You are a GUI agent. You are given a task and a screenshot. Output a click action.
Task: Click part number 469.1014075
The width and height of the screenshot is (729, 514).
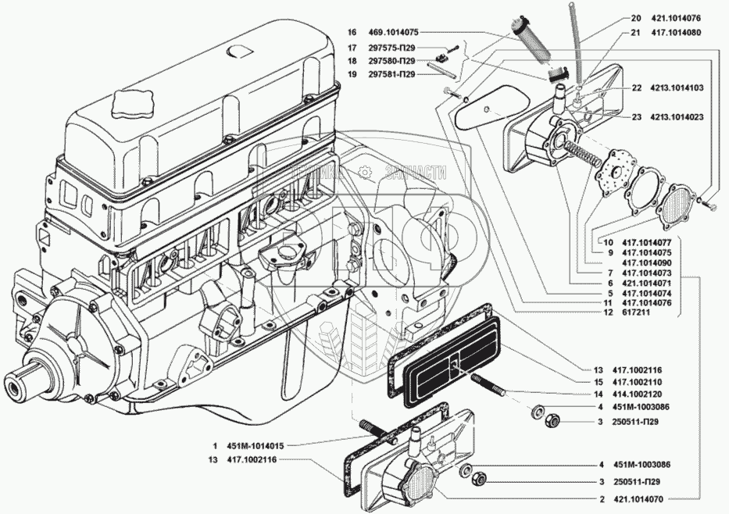click(x=394, y=33)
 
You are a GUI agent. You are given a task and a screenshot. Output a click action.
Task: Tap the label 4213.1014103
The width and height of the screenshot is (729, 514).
click(x=677, y=87)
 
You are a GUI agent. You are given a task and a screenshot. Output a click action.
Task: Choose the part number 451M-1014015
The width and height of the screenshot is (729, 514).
click(x=256, y=446)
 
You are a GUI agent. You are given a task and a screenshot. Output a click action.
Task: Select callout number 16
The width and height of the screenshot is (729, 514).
click(x=352, y=33)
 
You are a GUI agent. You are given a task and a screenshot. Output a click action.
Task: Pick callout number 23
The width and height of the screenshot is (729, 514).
click(x=637, y=118)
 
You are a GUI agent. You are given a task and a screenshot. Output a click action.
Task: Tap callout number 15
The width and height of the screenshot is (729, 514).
click(x=599, y=383)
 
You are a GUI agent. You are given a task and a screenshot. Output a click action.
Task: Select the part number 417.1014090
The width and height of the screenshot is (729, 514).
click(x=647, y=263)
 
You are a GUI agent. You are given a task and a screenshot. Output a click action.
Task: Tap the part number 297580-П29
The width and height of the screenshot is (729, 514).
click(x=392, y=61)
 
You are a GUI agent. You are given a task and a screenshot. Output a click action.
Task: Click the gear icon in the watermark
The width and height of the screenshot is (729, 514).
click(x=365, y=173)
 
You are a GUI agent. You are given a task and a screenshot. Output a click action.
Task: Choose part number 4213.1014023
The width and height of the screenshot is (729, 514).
click(x=677, y=118)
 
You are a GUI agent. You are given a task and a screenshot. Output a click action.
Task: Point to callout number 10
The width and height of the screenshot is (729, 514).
click(x=609, y=243)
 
